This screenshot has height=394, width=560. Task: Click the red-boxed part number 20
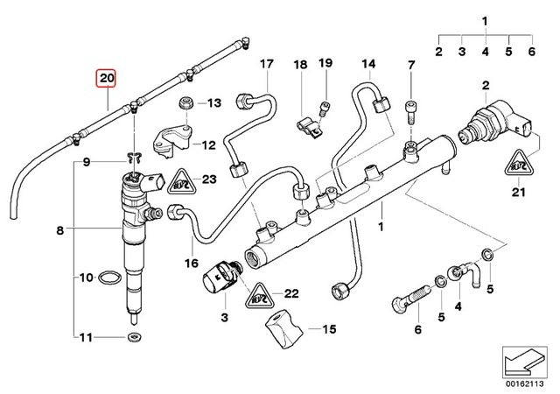(106, 79)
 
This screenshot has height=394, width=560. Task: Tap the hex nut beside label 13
(185, 103)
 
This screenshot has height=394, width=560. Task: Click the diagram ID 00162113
(528, 383)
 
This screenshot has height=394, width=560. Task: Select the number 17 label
(266, 64)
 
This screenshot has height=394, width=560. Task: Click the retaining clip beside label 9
(133, 159)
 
